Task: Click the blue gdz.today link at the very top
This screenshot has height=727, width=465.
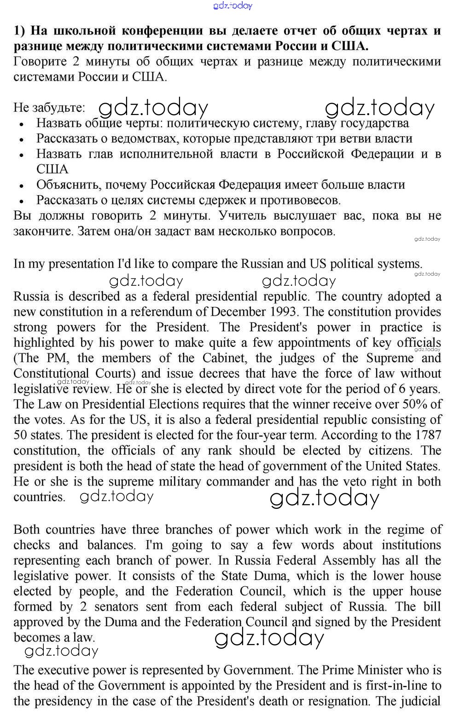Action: click(233, 6)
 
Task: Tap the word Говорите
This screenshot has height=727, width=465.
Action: click(39, 62)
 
